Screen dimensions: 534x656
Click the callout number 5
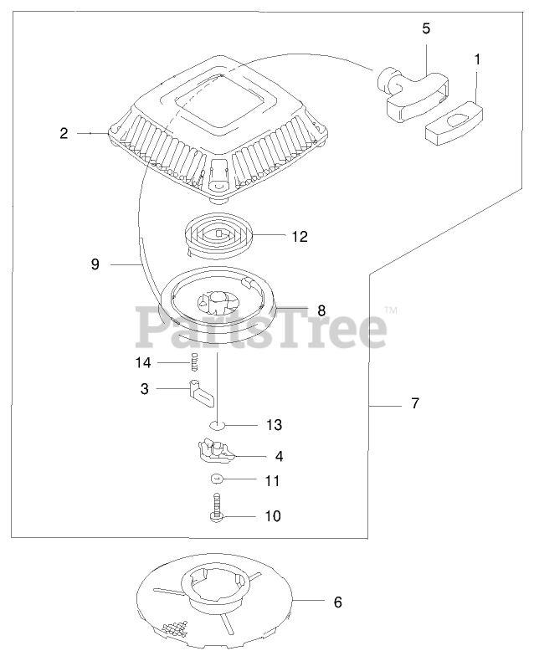[x=426, y=28]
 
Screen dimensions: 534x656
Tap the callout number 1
[x=478, y=59]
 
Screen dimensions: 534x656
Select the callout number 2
[x=64, y=132]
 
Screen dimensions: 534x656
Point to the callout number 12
[x=300, y=237]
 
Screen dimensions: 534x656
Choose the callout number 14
[x=142, y=362]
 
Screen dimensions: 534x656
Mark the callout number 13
[x=275, y=424]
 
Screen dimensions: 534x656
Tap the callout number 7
[x=416, y=404]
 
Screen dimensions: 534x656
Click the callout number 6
[x=338, y=602]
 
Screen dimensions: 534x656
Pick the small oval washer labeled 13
[x=217, y=424]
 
